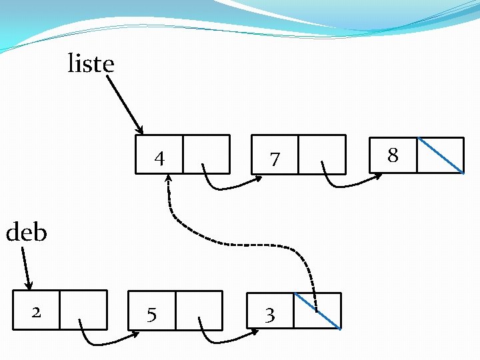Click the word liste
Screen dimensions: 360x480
point(91,64)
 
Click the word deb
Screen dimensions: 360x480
point(26,233)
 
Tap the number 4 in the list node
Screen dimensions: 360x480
point(159,159)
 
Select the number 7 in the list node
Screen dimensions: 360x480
point(274,159)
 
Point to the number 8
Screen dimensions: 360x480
point(393,155)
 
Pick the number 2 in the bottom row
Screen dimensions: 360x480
point(37,311)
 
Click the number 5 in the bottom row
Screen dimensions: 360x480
point(152,314)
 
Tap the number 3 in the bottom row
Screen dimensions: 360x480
point(269,315)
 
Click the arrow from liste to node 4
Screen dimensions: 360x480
point(124,103)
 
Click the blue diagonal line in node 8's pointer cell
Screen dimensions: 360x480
point(441,155)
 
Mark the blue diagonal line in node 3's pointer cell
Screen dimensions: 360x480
point(317,311)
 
